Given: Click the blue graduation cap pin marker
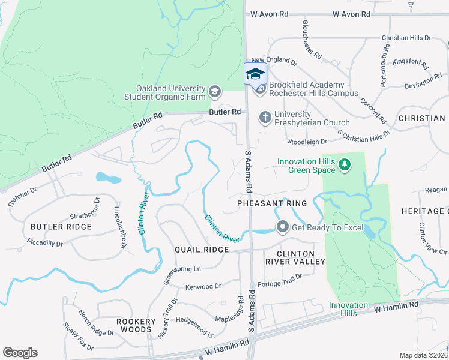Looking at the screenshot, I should pyautogui.click(x=255, y=74).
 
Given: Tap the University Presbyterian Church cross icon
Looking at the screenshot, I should pyautogui.click(x=265, y=117).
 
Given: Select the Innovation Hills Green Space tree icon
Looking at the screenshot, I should pyautogui.click(x=344, y=164).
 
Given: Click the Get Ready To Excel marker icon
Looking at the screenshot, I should pyautogui.click(x=282, y=227).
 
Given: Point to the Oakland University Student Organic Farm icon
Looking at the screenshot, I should pyautogui.click(x=214, y=92).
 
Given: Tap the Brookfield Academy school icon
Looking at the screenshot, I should pyautogui.click(x=260, y=89).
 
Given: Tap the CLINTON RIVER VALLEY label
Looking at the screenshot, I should pyautogui.click(x=295, y=257).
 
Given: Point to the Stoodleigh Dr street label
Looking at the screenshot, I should pyautogui.click(x=307, y=142).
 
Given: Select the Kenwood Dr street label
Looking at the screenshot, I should pyautogui.click(x=203, y=287).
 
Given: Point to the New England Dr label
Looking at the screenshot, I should pyautogui.click(x=274, y=61).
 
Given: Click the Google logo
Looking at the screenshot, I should pyautogui.click(x=20, y=352).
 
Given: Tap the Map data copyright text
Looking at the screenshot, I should pyautogui.click(x=423, y=355).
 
